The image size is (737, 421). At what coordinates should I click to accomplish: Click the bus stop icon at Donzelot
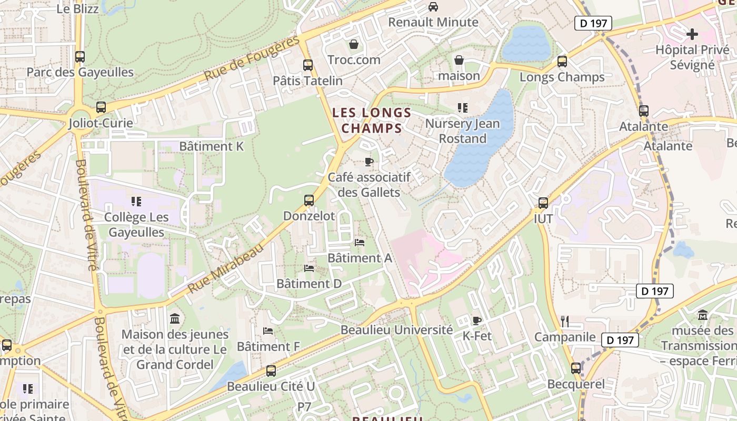coord(309,201)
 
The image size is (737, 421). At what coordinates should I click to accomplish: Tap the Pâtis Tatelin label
coord(307,81)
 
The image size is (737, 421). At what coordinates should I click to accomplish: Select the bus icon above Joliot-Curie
coord(101,107)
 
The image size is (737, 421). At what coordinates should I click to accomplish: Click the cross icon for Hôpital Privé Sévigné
coord(692,35)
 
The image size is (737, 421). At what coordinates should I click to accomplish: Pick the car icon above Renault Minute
coord(433,7)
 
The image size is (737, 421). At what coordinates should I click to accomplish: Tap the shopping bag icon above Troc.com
coord(354,44)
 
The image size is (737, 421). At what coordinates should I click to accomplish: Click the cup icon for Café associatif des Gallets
coord(368,162)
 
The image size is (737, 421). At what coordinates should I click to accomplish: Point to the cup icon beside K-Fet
coord(477,320)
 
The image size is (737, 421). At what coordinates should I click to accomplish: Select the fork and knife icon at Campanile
coord(565,322)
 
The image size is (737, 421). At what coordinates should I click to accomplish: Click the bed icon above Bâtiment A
coord(360,243)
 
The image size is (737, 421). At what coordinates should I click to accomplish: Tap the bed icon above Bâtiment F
coord(268,331)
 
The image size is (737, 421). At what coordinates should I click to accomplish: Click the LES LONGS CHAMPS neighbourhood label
coord(372,120)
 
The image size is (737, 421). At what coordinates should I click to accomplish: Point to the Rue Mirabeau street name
coord(225,269)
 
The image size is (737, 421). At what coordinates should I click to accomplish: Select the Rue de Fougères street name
coord(252,58)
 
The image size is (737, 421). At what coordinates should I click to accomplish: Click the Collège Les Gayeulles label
coord(136,225)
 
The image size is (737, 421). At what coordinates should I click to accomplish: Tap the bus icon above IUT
coord(543,203)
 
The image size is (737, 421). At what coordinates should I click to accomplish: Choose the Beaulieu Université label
coord(396,330)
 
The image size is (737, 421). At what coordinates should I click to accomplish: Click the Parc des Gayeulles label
coord(80,72)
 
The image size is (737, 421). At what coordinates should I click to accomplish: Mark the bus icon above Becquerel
coord(576,368)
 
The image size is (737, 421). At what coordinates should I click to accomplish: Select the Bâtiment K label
coord(212,146)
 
